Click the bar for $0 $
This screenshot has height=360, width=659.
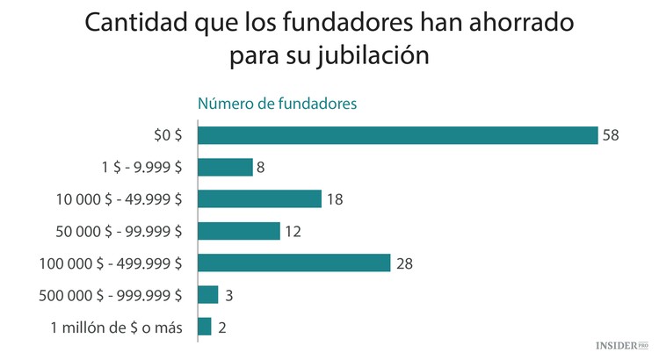click(397, 135)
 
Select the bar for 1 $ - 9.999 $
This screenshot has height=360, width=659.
click(225, 167)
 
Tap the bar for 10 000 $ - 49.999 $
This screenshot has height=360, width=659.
click(259, 198)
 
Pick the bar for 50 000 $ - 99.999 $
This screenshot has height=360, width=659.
click(238, 231)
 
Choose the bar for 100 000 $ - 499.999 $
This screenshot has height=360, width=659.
click(293, 263)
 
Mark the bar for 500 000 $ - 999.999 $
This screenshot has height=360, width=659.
click(208, 295)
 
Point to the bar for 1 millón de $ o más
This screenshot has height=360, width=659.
click(205, 327)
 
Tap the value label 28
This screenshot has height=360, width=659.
click(405, 263)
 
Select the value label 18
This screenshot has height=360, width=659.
click(334, 199)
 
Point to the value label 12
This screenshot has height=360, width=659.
click(293, 231)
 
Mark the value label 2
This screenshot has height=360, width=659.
click(222, 328)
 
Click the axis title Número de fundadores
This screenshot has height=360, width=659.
click(276, 104)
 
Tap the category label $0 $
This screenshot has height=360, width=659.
click(167, 135)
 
